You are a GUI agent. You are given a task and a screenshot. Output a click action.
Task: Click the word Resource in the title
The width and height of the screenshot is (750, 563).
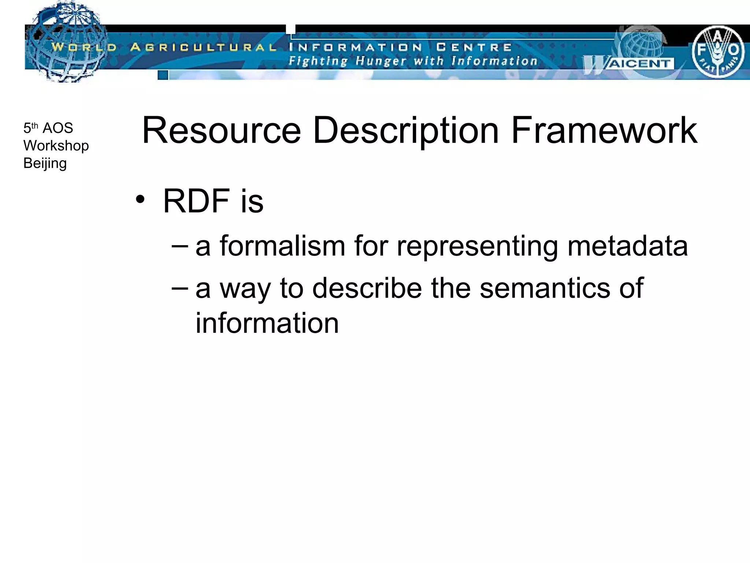tap(221, 130)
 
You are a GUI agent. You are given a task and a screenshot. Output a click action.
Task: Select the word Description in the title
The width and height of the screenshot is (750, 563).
tap(406, 131)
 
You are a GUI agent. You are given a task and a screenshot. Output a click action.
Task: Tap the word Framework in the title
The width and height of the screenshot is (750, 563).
tap(604, 130)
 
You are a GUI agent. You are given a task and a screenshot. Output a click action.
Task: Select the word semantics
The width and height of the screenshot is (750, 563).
tap(545, 288)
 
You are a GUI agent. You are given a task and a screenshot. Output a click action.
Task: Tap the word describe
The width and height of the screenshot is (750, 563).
tap(367, 288)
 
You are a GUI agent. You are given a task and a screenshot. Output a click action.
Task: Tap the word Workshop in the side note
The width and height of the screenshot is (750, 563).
tap(56, 146)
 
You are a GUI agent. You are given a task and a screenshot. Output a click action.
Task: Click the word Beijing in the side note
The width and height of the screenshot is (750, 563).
tap(45, 163)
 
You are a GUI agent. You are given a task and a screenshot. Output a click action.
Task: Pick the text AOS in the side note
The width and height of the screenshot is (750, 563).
tap(58, 128)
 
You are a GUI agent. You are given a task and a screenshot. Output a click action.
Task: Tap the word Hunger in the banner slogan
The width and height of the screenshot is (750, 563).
tap(381, 61)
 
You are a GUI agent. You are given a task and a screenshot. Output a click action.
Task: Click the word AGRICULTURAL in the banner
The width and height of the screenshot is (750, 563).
tap(203, 47)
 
